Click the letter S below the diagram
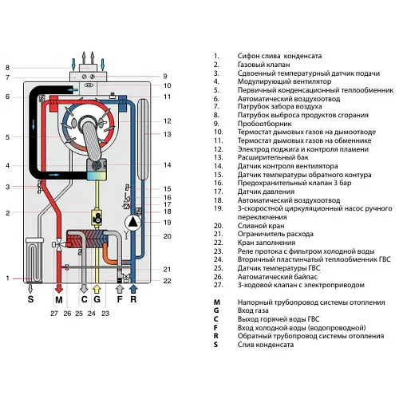coord(32,301)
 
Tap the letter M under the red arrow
coord(57,301)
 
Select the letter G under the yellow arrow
coord(97,301)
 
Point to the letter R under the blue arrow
coord(134,301)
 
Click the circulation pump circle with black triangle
coord(132,224)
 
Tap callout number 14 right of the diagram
coord(168,165)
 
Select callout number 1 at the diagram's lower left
coord(6,278)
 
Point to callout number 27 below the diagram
coord(54,314)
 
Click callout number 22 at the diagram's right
coord(168,281)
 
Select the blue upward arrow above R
coord(134,282)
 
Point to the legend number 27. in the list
coord(217,283)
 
